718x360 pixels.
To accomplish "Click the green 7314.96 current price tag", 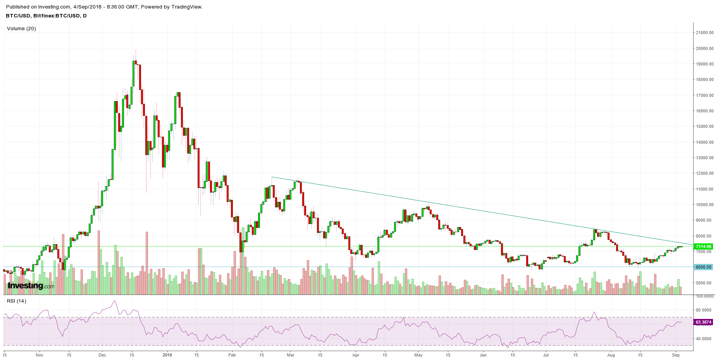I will tap(703, 246).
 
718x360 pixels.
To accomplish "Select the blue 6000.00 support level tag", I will tap(703, 267).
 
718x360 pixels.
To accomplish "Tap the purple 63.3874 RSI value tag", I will tap(703, 322).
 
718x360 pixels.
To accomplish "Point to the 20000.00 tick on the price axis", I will tap(705, 48).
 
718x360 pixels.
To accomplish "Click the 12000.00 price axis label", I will tap(705, 173).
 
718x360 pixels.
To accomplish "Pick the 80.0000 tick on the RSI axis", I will tap(704, 310).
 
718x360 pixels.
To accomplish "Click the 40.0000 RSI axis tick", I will tap(704, 339).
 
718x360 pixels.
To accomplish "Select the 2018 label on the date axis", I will tap(167, 355).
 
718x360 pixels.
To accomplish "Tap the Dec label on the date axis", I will tap(102, 355).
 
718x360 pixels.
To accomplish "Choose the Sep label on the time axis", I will tap(676, 355).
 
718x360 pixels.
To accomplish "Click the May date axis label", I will tap(418, 355).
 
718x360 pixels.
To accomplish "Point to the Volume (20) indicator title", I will tap(21, 29).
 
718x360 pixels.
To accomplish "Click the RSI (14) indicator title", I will tap(16, 301).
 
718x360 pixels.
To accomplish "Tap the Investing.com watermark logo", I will tap(31, 286).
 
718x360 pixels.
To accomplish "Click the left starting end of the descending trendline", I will tap(272, 177).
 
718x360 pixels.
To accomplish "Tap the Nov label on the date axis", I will tap(39, 355).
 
